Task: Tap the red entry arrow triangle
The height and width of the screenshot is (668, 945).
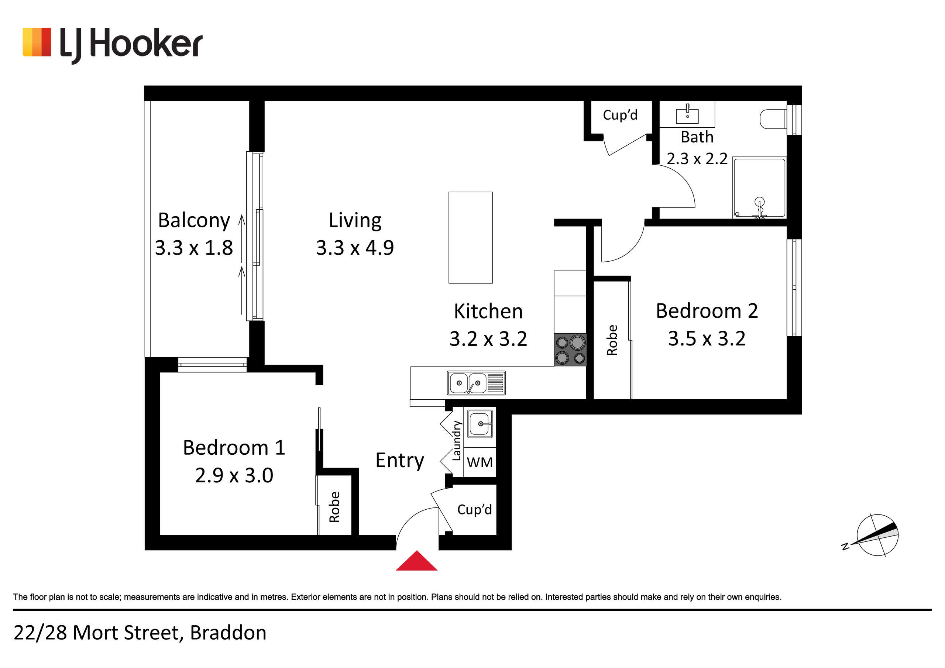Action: [x=416, y=561]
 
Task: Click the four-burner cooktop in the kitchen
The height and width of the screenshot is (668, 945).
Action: [x=570, y=350]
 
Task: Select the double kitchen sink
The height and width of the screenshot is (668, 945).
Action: [x=476, y=383]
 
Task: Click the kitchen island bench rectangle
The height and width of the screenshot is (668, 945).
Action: [x=470, y=237]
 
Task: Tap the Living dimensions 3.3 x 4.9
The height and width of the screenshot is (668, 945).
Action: [x=355, y=248]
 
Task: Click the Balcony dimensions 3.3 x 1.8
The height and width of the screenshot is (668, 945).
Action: [x=194, y=248]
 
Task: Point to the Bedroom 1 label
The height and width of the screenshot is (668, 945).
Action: [x=234, y=447]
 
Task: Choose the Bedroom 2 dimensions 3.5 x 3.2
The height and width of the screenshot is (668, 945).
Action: [x=707, y=338]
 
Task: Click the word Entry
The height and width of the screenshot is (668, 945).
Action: [x=400, y=461]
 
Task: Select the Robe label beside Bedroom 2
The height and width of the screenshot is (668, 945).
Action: [x=612, y=340]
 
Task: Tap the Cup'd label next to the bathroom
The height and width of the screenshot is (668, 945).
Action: [x=620, y=115]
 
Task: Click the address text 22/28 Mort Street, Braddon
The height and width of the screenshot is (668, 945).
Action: [x=140, y=633]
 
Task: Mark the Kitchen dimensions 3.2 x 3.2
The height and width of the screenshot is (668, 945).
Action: [x=488, y=339]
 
